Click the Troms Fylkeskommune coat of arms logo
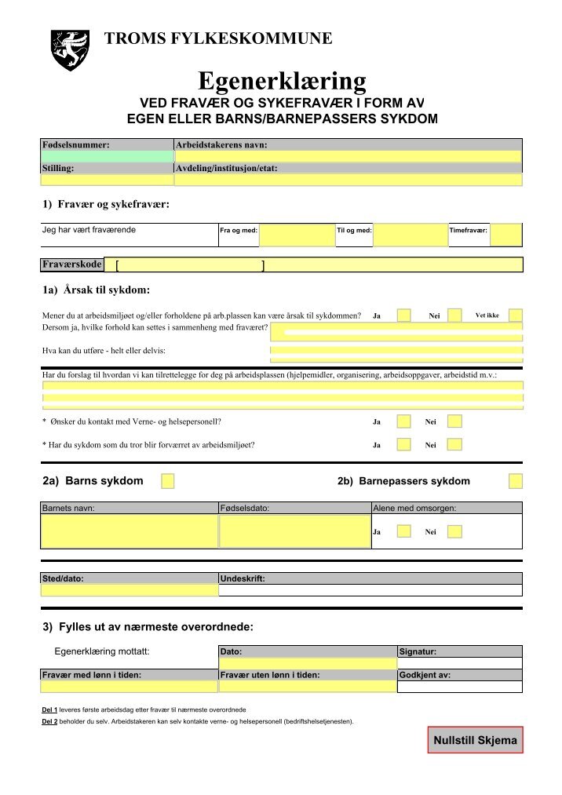tap(70, 50)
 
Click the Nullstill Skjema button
tap(475, 740)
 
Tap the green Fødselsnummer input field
tap(107, 157)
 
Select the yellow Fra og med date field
tap(297, 235)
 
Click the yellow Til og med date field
tap(410, 235)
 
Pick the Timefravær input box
tap(506, 235)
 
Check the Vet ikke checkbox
tap(516, 315)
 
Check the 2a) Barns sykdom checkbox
tap(167, 481)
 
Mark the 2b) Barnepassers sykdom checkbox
tap(516, 481)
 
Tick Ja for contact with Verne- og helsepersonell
tap(403, 421)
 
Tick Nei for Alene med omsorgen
tap(454, 531)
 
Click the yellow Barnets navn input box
tap(129, 531)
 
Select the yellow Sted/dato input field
tap(129, 591)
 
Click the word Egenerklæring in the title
tap(282, 81)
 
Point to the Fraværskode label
tap(71, 264)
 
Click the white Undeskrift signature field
tap(370, 591)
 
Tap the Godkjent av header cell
tap(459, 675)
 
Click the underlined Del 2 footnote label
tap(49, 721)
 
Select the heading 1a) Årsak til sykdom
tap(96, 290)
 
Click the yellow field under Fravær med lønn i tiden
tap(129, 687)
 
